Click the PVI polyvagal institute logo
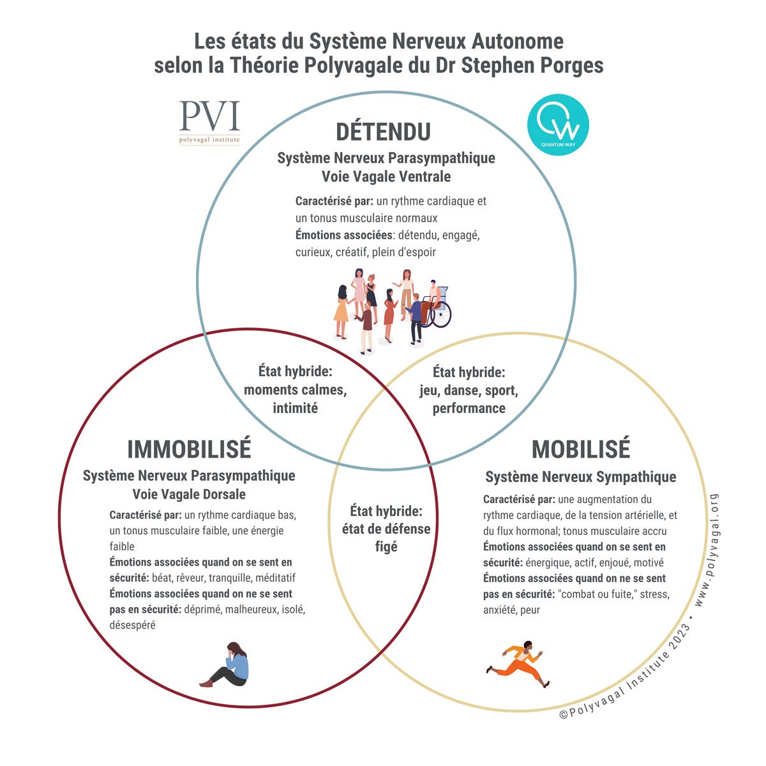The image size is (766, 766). click(209, 122)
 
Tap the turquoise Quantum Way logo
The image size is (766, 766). click(558, 125)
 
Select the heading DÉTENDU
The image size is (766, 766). click(383, 131)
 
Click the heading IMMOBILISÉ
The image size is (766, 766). click(189, 449)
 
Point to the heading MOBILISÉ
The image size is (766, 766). click(580, 449)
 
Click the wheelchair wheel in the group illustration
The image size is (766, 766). click(441, 315)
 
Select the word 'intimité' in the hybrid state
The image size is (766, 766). click(295, 408)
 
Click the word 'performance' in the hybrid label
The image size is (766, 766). click(469, 409)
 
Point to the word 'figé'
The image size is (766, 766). click(386, 546)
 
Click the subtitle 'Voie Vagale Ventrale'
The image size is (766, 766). click(386, 177)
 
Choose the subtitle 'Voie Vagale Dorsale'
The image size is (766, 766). click(189, 494)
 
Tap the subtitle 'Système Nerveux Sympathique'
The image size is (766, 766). click(580, 477)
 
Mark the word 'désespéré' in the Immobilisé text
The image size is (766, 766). click(132, 625)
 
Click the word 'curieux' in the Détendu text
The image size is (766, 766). click(313, 252)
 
